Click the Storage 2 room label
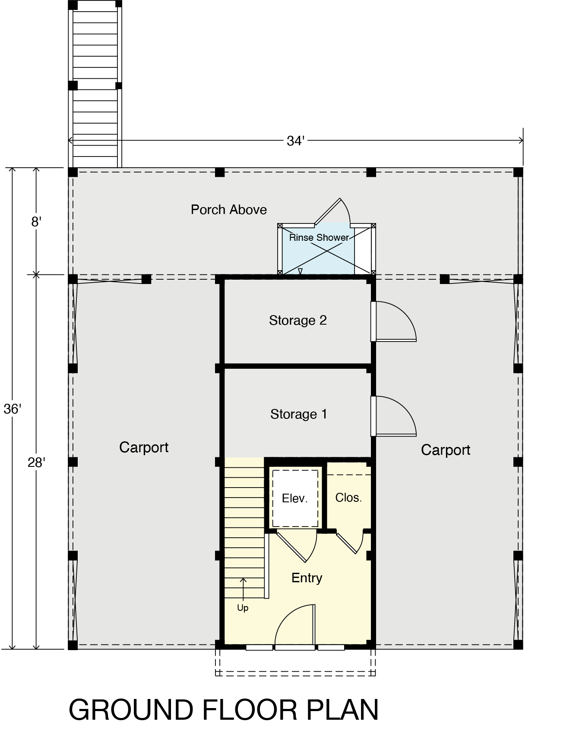pyautogui.click(x=298, y=320)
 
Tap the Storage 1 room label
pyautogui.click(x=299, y=414)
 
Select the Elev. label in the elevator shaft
pyautogui.click(x=295, y=498)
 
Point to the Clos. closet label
pyautogui.click(x=348, y=498)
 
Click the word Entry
pyautogui.click(x=307, y=578)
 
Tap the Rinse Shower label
pyautogui.click(x=319, y=237)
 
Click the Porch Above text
pyautogui.click(x=229, y=210)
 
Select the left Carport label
pyautogui.click(x=144, y=447)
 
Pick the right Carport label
pyautogui.click(x=446, y=450)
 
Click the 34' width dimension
pyautogui.click(x=296, y=141)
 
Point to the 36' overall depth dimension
pyautogui.click(x=12, y=409)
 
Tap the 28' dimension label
pyautogui.click(x=36, y=463)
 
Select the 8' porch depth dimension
pyautogui.click(x=36, y=222)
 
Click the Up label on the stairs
pyautogui.click(x=243, y=608)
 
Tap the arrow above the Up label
pyautogui.click(x=243, y=589)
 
